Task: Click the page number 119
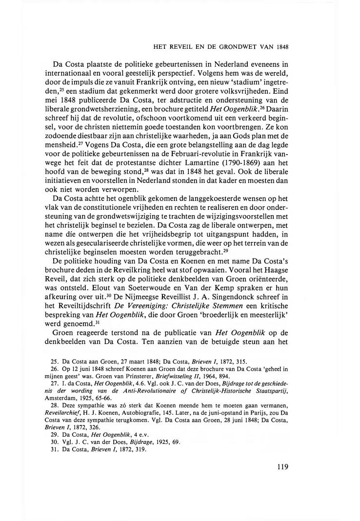282,466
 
